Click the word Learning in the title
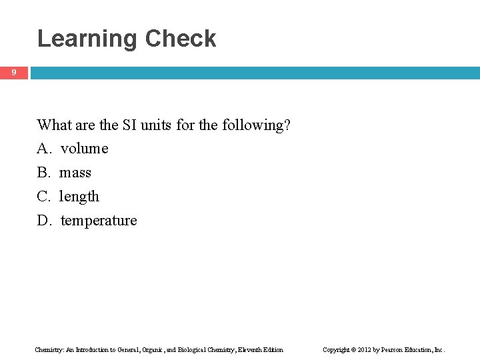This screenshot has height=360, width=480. (x=88, y=39)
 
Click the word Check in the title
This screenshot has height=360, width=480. (x=181, y=38)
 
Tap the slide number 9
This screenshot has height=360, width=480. (x=13, y=72)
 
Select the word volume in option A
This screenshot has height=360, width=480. (x=84, y=149)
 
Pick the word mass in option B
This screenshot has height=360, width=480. (x=75, y=173)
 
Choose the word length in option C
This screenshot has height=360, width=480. (x=79, y=197)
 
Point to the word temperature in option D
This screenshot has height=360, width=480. (x=99, y=221)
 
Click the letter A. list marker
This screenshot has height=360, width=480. (x=44, y=149)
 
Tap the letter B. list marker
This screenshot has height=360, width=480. (x=44, y=173)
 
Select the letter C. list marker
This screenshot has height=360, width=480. (x=44, y=197)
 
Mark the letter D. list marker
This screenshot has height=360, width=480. (x=44, y=221)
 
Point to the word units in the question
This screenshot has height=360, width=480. (x=157, y=125)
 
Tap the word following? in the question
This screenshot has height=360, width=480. (x=257, y=125)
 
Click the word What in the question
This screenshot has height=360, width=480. (x=54, y=125)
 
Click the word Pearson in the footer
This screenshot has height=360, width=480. (x=394, y=349)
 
